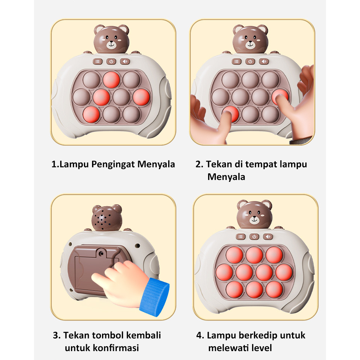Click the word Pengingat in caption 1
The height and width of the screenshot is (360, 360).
pyautogui.click(x=113, y=164)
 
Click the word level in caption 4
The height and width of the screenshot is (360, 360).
pyautogui.click(x=262, y=348)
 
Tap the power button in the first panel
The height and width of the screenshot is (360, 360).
pyautogui.click(x=111, y=61)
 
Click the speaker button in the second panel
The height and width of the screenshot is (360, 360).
pyautogui.click(x=264, y=61)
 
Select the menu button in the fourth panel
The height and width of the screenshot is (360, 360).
pyautogui.click(x=241, y=237)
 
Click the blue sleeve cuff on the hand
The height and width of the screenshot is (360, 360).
pyautogui.click(x=154, y=297)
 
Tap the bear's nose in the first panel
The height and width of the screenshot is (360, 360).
pyautogui.click(x=111, y=42)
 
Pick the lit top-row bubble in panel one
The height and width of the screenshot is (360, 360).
pyautogui.click(x=111, y=79)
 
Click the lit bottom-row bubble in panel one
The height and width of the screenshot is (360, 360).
pyautogui.click(x=91, y=114)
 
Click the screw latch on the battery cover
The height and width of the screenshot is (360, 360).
pyautogui.click(x=101, y=252)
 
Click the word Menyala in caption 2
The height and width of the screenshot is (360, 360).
pyautogui.click(x=226, y=177)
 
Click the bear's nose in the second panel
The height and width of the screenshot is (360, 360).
pyautogui.click(x=250, y=42)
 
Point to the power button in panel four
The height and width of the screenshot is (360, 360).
pyautogui.click(x=254, y=237)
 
